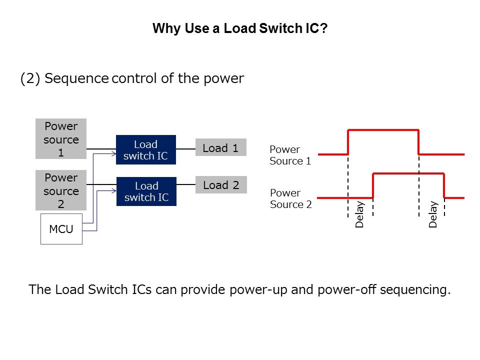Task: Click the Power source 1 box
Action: click(x=61, y=139)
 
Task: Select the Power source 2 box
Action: click(x=61, y=190)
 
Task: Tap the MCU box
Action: click(x=61, y=230)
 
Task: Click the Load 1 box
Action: click(x=220, y=148)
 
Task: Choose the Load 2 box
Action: click(x=220, y=185)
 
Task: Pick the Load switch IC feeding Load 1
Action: click(x=145, y=150)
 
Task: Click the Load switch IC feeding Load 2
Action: click(x=145, y=191)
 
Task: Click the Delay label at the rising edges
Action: click(x=359, y=214)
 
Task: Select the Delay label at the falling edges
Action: click(x=433, y=214)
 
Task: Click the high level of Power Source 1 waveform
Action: click(x=383, y=130)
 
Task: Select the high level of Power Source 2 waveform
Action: click(x=408, y=173)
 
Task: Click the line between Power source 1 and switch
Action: click(x=101, y=149)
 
